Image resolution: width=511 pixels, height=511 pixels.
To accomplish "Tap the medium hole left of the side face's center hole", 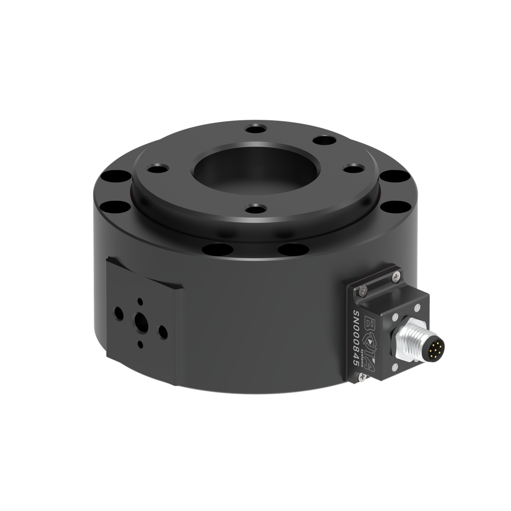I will tap(119, 313).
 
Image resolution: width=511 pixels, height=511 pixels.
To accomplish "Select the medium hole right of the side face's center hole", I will tap(162, 330).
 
